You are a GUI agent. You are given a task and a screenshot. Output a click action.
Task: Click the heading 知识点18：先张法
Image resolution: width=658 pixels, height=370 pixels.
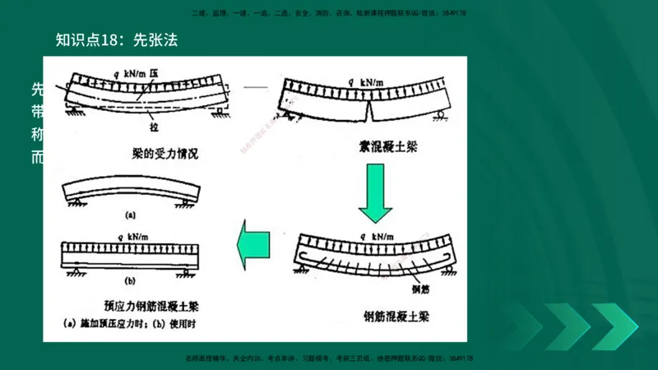[116, 39]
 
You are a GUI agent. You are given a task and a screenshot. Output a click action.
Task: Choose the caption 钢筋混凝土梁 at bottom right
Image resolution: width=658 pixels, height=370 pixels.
[395, 316]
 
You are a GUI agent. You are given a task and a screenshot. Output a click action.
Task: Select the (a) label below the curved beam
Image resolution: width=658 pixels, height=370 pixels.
[130, 215]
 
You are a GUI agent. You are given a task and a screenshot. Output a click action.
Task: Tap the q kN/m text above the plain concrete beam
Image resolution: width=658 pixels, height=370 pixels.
[366, 81]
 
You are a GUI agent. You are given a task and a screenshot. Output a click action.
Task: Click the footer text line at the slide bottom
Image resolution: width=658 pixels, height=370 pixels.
[329, 358]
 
